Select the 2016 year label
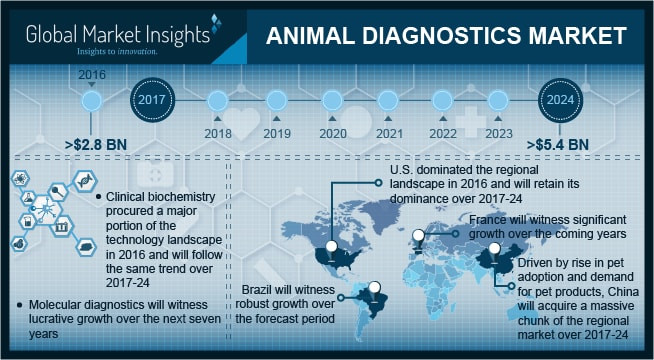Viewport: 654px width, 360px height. coord(91,73)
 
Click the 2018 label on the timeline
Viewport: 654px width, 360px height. coord(218,132)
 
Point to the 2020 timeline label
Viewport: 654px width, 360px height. coord(331,132)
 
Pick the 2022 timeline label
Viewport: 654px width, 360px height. coord(442,132)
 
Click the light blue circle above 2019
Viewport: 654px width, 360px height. coord(274,100)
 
